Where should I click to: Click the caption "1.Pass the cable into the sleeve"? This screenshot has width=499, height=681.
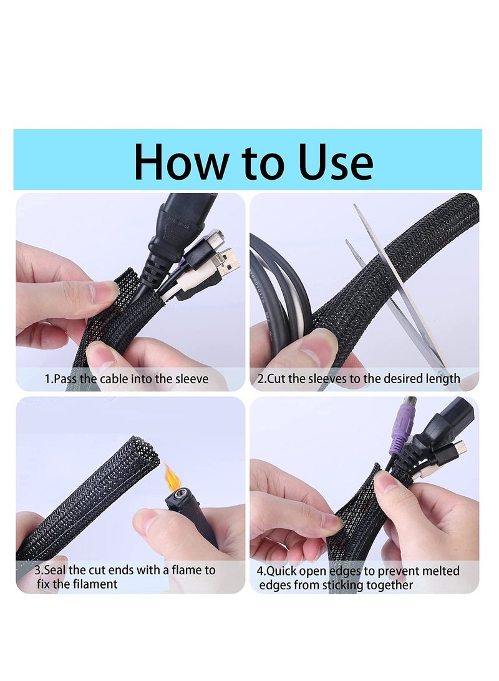click(126, 378)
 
